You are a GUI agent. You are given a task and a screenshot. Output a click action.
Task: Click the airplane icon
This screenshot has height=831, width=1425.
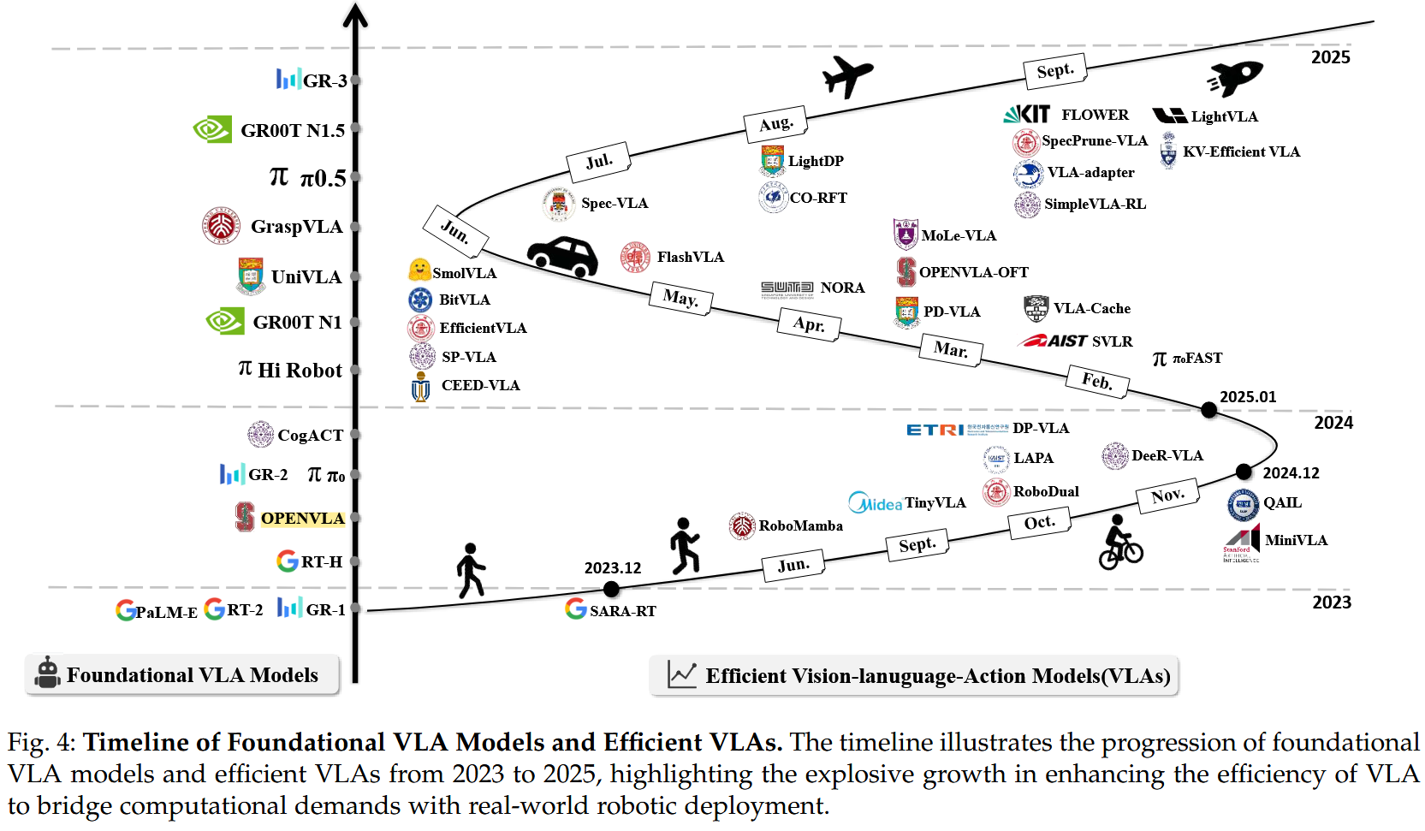(847, 76)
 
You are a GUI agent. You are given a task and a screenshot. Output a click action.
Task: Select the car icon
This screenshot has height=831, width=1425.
(562, 256)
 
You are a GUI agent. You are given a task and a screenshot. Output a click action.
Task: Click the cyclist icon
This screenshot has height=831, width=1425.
(1119, 543)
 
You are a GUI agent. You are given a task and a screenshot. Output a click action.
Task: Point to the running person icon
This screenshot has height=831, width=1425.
(685, 545)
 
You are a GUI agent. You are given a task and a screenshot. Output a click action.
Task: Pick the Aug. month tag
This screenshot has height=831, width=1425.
(776, 123)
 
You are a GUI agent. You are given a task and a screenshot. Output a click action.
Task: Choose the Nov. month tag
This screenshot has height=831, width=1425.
(1167, 496)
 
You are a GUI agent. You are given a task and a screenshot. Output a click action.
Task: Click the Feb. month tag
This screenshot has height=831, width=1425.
(1097, 380)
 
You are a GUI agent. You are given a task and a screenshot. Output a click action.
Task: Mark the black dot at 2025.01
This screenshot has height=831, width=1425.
(1208, 410)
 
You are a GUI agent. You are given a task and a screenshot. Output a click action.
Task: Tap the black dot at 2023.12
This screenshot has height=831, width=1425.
(611, 589)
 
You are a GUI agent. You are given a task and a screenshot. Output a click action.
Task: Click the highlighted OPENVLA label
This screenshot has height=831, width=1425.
(302, 518)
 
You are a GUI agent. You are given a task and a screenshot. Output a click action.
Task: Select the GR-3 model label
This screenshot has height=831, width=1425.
(324, 80)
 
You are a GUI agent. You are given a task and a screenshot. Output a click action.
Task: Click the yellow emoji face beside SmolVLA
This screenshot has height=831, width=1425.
(419, 270)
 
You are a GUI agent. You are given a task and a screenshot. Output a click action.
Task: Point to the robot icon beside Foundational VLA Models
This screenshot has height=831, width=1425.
(48, 674)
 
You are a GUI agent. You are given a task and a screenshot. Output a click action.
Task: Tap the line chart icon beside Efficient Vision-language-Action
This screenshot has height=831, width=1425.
(682, 674)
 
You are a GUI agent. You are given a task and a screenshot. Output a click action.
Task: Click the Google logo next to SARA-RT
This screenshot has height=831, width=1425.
(575, 608)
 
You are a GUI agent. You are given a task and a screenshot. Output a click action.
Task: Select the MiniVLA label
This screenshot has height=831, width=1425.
(1296, 540)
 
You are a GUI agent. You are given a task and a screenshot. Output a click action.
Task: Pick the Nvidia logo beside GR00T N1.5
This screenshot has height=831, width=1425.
(212, 129)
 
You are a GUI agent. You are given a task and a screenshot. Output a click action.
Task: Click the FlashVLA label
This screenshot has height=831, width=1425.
(690, 257)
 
